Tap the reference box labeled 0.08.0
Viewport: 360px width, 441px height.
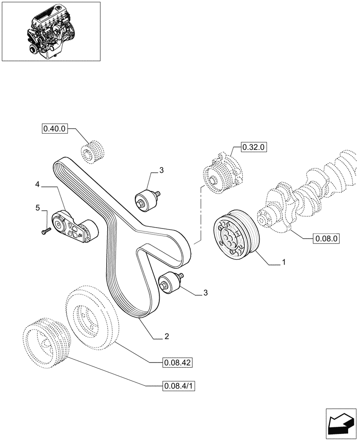click(326, 239)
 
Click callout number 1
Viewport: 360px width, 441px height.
click(284, 262)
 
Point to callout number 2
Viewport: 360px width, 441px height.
click(166, 337)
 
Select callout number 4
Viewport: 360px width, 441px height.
click(37, 187)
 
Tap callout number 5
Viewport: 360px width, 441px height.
click(37, 207)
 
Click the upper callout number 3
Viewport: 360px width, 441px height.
click(161, 170)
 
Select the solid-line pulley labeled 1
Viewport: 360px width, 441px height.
click(234, 233)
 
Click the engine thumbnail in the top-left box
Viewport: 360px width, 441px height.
click(50, 31)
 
